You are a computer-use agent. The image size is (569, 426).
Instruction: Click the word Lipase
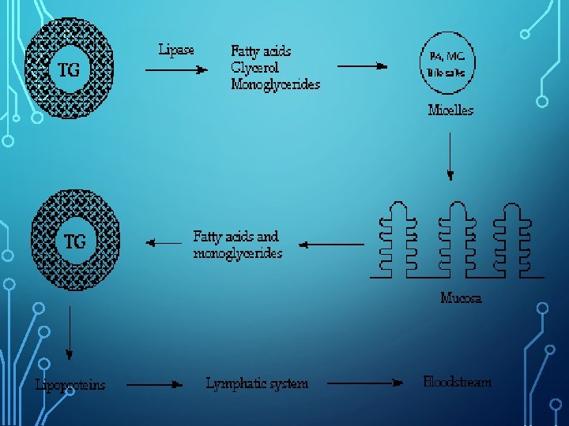(x=176, y=50)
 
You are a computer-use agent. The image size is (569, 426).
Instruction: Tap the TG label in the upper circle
(x=69, y=69)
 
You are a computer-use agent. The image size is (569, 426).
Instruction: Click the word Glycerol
(x=256, y=67)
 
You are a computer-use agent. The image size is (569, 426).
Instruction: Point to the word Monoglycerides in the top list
(x=275, y=84)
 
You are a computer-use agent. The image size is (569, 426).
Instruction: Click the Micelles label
(x=450, y=110)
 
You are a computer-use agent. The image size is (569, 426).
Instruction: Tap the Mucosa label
(x=461, y=297)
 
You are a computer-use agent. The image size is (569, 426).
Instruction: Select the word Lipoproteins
(x=70, y=385)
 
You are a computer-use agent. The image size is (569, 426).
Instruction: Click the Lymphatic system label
(x=257, y=384)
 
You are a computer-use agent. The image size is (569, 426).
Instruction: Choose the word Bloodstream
(x=457, y=382)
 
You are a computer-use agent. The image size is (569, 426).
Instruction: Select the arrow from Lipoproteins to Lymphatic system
(x=155, y=385)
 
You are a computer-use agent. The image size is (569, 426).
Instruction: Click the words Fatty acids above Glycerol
(x=261, y=50)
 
